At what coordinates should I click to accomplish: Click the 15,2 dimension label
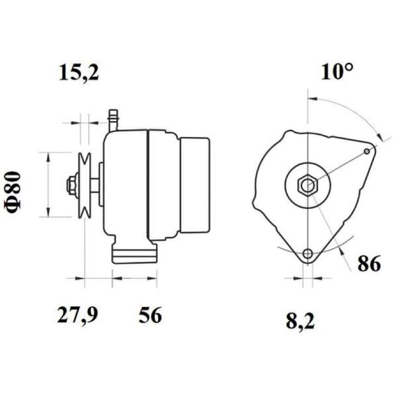(78, 72)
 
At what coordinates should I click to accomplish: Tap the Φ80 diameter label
(12, 193)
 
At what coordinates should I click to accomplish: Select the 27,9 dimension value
(77, 315)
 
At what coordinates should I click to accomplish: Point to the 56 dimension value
(150, 315)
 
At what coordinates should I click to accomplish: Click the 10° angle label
(337, 71)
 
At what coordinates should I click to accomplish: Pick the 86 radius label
(369, 264)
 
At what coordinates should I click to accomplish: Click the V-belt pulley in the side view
(84, 185)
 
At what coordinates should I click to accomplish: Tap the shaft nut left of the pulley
(71, 185)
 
